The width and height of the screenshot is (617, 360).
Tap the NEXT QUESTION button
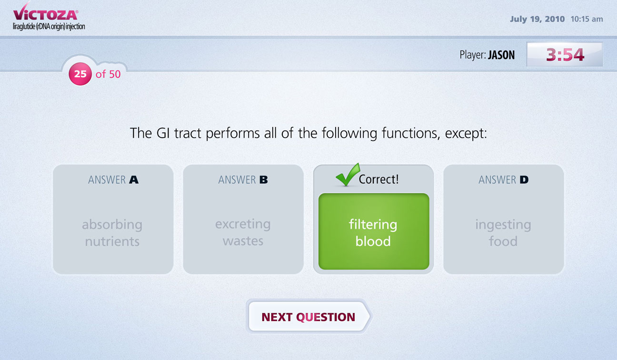309,317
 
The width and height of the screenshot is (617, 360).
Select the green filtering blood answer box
374,231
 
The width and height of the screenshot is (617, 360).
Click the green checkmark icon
348,174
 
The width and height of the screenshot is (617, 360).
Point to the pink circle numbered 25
80,74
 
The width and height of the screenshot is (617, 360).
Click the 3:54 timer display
565,54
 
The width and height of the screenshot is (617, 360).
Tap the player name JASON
501,55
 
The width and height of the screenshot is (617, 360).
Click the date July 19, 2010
537,19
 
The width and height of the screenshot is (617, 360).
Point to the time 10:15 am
587,19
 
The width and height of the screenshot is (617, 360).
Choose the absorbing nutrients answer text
112,233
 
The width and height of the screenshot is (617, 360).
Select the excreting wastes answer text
243,232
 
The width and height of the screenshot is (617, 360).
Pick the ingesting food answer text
503,233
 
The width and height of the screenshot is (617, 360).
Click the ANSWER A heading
113,180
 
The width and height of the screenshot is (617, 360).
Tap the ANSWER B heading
243,180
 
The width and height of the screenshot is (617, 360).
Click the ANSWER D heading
504,180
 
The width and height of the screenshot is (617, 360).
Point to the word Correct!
379,180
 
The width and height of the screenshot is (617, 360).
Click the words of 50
108,74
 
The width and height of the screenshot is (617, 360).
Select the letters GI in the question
163,133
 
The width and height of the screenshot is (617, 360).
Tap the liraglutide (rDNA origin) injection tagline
49,27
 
